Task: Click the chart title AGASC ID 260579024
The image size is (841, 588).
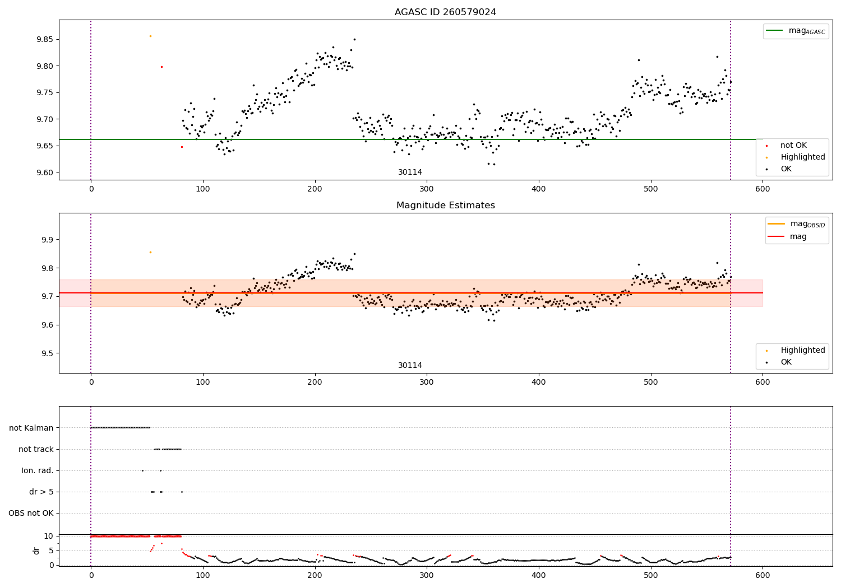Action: (445, 12)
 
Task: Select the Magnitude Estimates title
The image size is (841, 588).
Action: (445, 206)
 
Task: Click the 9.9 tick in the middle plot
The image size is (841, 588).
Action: (47, 240)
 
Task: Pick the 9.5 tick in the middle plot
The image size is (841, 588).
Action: (47, 353)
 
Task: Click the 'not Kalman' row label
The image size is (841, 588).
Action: (31, 428)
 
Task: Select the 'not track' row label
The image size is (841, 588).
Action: (36, 449)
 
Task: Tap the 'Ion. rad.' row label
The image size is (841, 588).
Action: (38, 470)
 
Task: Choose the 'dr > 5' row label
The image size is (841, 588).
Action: (41, 492)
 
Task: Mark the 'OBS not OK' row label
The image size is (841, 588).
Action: (31, 513)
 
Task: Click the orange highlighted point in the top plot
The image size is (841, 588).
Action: (150, 36)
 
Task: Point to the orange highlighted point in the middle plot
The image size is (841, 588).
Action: (150, 252)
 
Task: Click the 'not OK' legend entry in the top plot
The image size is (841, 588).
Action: (793, 146)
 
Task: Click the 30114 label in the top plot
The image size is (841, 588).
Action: (410, 172)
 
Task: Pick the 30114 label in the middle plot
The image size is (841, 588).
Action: (410, 365)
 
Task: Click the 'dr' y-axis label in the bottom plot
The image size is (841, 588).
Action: (36, 550)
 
